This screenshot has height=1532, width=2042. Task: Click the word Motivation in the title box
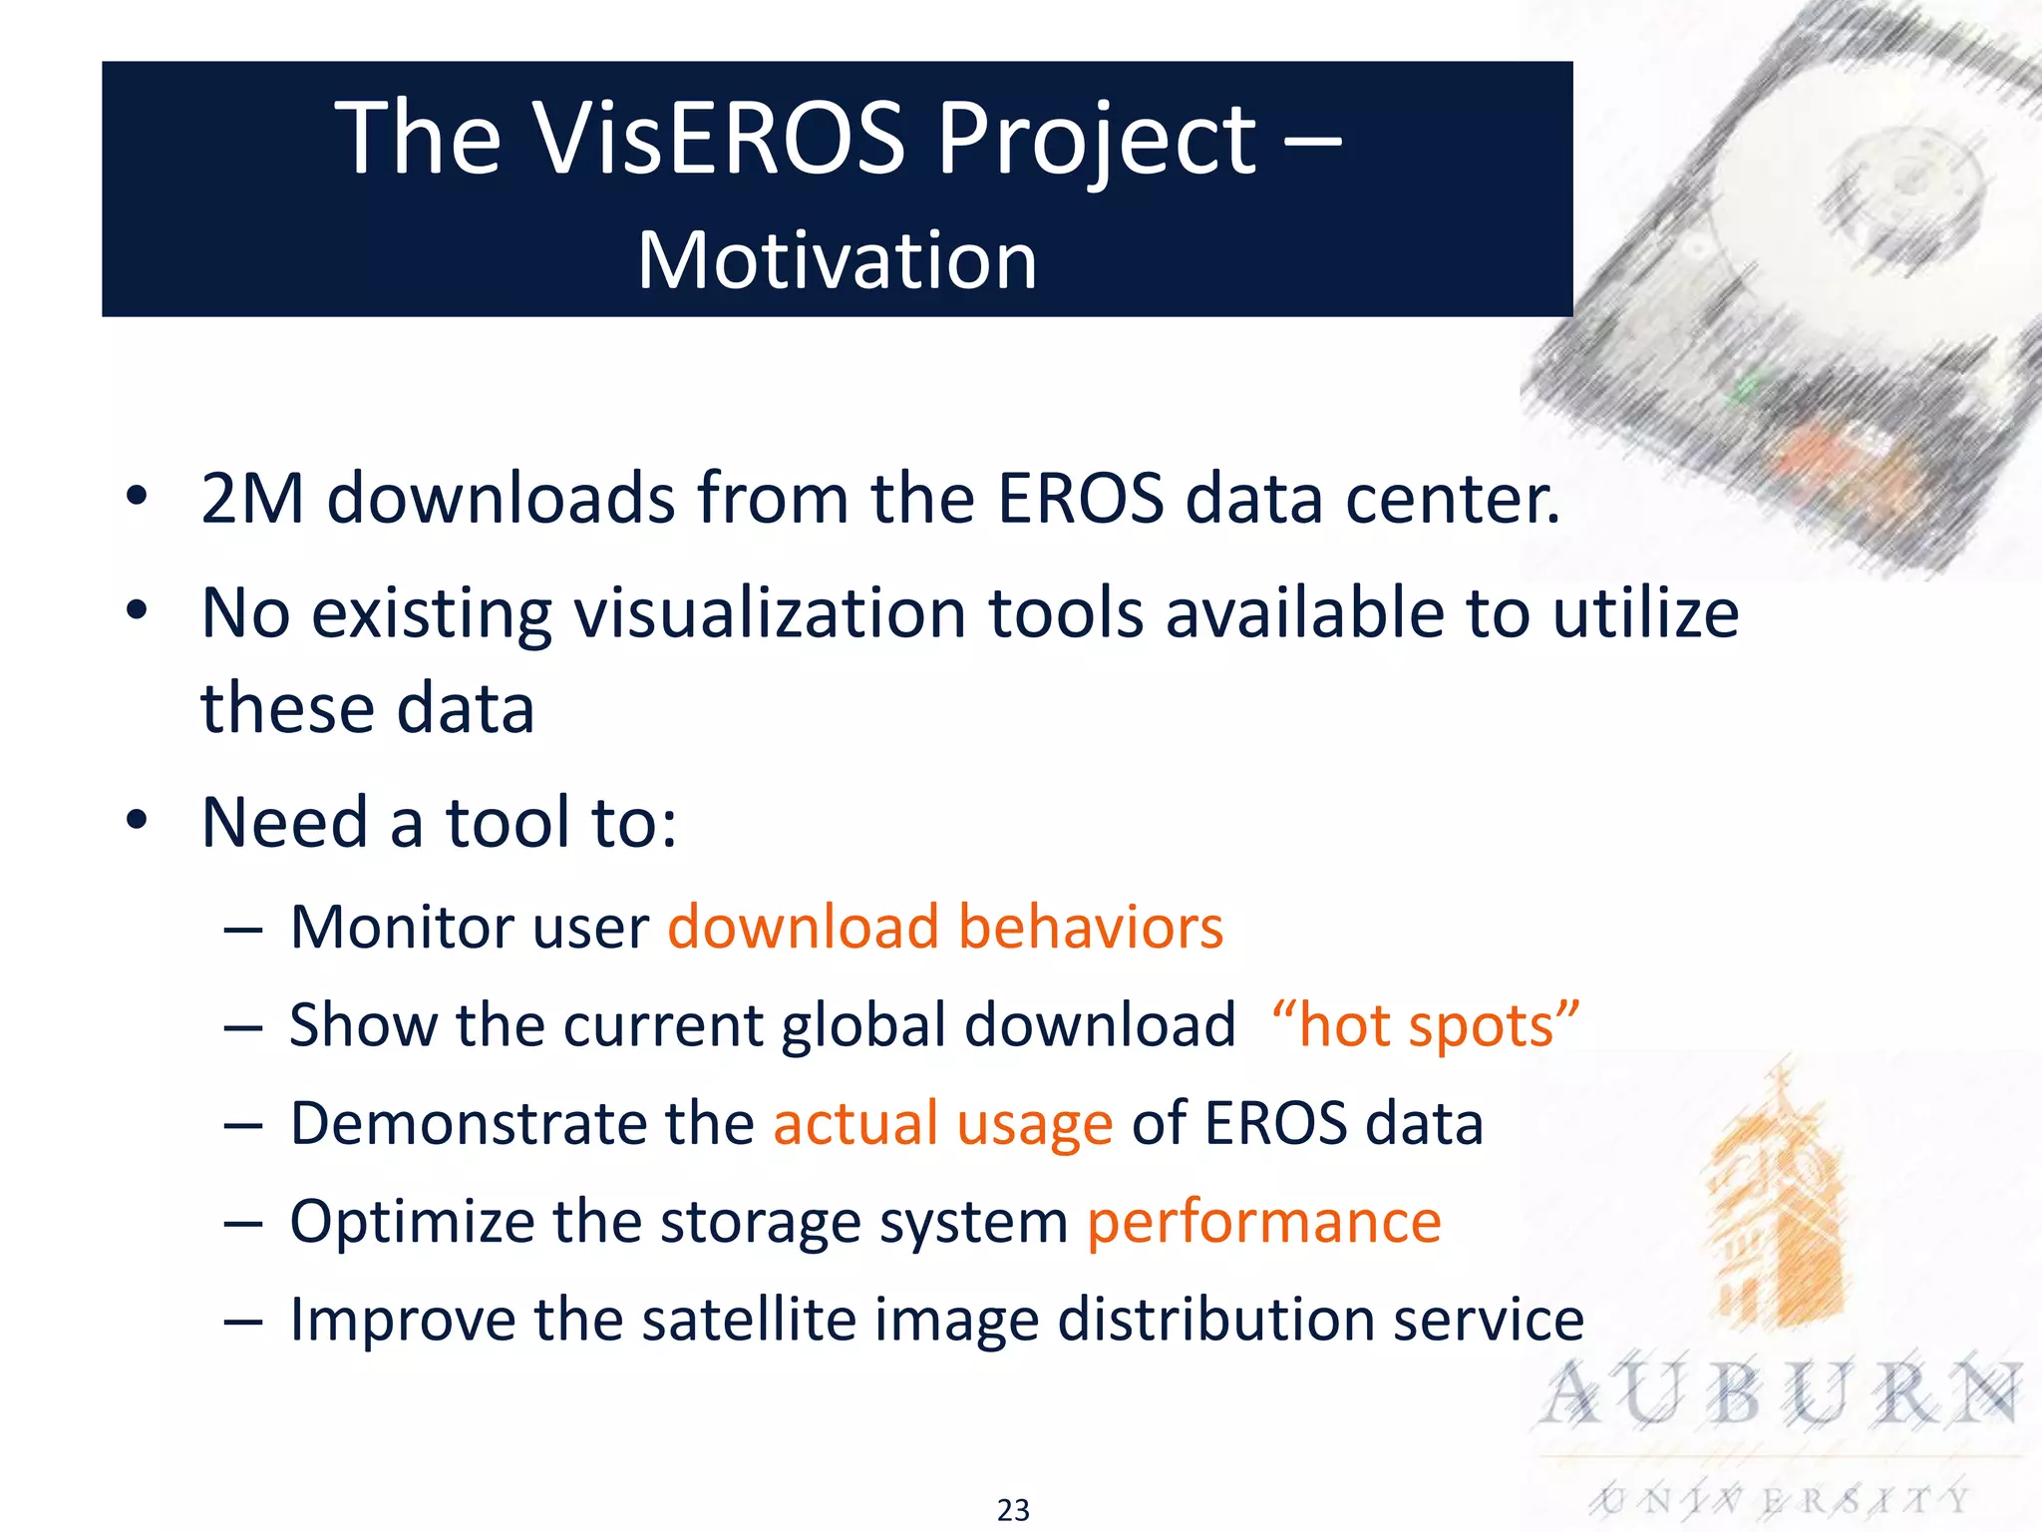pos(838,260)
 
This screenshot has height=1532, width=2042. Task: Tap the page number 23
pos(1013,1510)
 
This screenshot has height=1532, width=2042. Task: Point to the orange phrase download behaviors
pos(944,927)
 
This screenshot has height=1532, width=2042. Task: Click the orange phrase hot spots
pos(1426,1025)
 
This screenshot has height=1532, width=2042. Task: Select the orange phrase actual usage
pos(942,1123)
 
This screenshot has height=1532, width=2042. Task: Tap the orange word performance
pos(1263,1221)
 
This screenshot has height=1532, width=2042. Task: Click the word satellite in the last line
pos(748,1319)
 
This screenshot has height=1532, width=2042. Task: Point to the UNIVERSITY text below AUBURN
pos(1781,1499)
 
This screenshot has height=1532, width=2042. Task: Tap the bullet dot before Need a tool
pos(137,820)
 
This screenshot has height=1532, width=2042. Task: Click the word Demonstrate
pos(469,1123)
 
